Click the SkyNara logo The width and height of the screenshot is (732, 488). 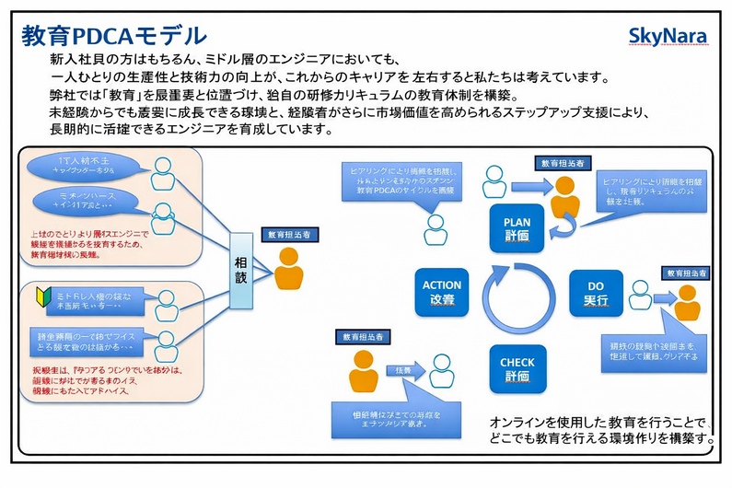tap(668, 36)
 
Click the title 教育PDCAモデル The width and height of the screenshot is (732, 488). tap(114, 35)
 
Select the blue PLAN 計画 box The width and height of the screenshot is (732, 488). tap(517, 228)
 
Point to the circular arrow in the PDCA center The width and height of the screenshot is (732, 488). tap(517, 297)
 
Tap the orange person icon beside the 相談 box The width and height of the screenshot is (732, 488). tap(289, 266)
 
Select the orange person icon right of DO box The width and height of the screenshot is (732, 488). tap(687, 301)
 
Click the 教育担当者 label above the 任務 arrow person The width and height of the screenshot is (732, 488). tap(363, 336)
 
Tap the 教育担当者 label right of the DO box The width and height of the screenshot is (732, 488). tap(686, 273)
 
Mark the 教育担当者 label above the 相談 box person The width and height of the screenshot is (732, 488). tap(288, 235)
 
